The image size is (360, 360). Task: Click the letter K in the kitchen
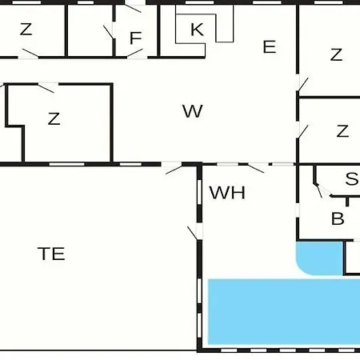pyautogui.click(x=197, y=30)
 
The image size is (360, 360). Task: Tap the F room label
pyautogui.click(x=135, y=38)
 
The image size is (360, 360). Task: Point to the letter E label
pyautogui.click(x=270, y=47)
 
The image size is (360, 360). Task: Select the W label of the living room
pyautogui.click(x=193, y=111)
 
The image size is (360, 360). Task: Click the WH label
pyautogui.click(x=227, y=193)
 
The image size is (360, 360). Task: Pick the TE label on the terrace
pyautogui.click(x=51, y=254)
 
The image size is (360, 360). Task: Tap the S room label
pyautogui.click(x=351, y=178)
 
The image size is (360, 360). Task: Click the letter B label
pyautogui.click(x=338, y=218)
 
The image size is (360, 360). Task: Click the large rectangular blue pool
pyautogui.click(x=284, y=311)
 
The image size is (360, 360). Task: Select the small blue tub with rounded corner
pyautogui.click(x=319, y=258)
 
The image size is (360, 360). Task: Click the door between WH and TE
pyautogui.click(x=193, y=233)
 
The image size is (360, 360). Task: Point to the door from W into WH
pyautogui.click(x=256, y=169)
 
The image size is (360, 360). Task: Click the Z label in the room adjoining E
pyautogui.click(x=336, y=54)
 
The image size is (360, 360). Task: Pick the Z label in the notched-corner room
pyautogui.click(x=54, y=118)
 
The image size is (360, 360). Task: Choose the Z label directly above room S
pyautogui.click(x=342, y=131)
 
